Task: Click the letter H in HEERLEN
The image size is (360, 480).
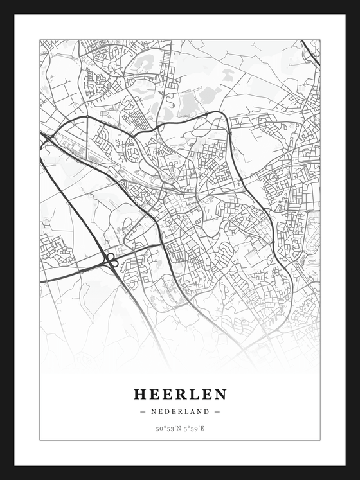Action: coord(139,394)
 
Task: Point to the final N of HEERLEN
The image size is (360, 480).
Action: coord(221,394)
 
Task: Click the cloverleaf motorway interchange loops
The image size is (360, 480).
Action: coord(112,260)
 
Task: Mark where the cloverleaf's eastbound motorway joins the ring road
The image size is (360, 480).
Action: coord(159,245)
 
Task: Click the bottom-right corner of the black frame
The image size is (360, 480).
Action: coord(357,477)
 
